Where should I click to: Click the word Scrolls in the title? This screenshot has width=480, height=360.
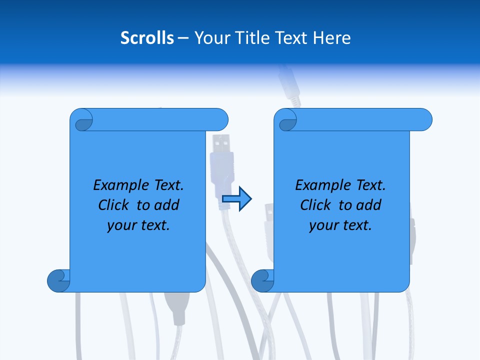[147, 38]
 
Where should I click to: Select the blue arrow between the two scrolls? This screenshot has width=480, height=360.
[236, 199]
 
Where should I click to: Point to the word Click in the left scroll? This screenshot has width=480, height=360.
[115, 205]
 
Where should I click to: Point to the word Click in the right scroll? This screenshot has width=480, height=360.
[317, 205]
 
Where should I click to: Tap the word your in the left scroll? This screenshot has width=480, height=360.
[121, 225]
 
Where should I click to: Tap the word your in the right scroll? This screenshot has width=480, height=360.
[323, 225]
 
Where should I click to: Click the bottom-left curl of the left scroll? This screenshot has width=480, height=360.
[58, 280]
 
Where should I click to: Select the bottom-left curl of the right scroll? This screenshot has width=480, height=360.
[262, 280]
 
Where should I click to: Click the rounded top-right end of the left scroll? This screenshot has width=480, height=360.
[220, 120]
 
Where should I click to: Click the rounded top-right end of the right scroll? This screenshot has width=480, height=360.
[424, 120]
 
